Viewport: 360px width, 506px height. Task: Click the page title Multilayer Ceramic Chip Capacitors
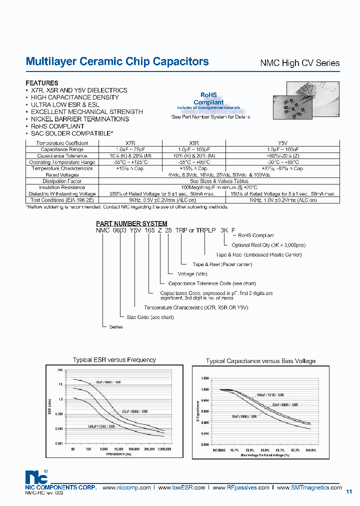(117, 61)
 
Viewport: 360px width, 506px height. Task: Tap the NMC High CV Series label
(300, 63)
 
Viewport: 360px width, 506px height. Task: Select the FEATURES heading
(41, 83)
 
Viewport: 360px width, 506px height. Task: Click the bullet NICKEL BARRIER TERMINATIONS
(79, 119)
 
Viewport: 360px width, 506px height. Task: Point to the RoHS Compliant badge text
(208, 98)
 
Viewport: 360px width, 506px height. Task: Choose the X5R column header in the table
(194, 143)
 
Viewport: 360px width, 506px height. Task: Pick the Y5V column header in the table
(283, 143)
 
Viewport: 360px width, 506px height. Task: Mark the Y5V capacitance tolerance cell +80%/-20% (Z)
(283, 155)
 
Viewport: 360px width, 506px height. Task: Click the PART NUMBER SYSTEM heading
(131, 223)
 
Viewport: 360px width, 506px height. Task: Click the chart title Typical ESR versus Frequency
(114, 359)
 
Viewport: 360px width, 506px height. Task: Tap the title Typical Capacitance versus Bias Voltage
(260, 361)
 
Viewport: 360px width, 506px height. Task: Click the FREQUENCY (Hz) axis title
(119, 454)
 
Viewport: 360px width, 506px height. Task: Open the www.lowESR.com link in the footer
(186, 487)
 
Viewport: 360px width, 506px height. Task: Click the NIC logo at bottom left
(35, 476)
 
